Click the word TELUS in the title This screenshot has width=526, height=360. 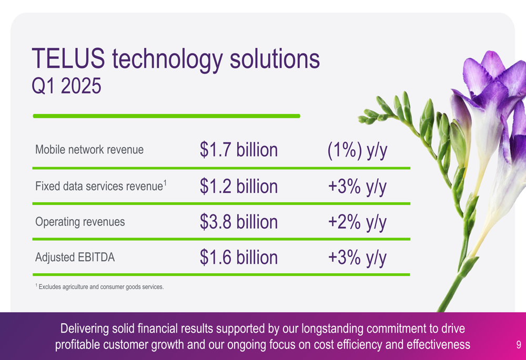[x=68, y=58]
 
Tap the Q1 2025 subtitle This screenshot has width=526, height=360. [x=66, y=86]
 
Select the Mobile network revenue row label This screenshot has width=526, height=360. [x=89, y=149]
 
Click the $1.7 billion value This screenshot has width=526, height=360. [x=238, y=149]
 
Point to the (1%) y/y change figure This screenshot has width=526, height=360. [x=357, y=150]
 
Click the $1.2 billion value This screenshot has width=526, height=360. [x=238, y=186]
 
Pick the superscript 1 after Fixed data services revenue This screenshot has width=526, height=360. [x=165, y=183]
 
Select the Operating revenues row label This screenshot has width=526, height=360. [x=80, y=222]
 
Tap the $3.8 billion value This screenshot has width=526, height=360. [x=238, y=222]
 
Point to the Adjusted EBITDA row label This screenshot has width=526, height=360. [x=75, y=258]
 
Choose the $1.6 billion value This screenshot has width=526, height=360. [x=238, y=258]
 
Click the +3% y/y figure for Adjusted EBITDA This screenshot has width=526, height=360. [x=357, y=258]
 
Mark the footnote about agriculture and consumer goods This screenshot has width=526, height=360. [x=99, y=287]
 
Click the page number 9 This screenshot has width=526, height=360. [x=519, y=345]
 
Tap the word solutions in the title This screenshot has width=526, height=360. [x=275, y=58]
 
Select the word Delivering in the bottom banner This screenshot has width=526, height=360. [x=84, y=329]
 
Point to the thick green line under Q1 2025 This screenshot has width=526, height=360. [x=166, y=116]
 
